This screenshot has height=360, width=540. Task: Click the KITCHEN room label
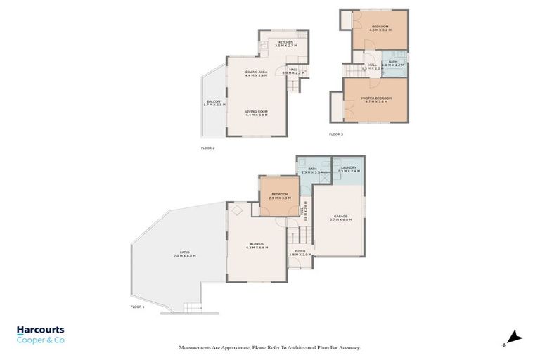[285, 43]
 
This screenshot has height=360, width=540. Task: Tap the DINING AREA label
[257, 72]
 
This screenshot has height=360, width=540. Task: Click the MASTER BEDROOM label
[375, 98]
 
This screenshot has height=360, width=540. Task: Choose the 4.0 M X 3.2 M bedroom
[380, 28]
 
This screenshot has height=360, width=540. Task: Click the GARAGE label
[339, 217]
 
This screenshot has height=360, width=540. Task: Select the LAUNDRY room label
[349, 168]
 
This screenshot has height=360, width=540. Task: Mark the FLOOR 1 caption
[137, 307]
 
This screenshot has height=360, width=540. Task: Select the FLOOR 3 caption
[336, 134]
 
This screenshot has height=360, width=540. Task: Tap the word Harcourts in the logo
[40, 329]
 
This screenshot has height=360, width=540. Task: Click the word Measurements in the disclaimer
[198, 347]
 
